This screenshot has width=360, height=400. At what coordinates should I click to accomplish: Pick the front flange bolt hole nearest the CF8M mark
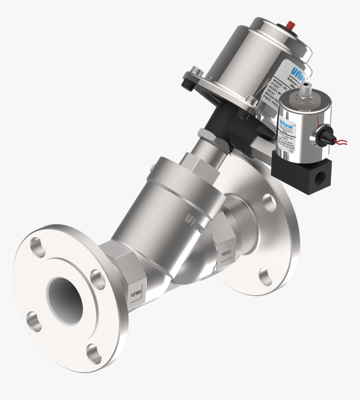tap(98, 280)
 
